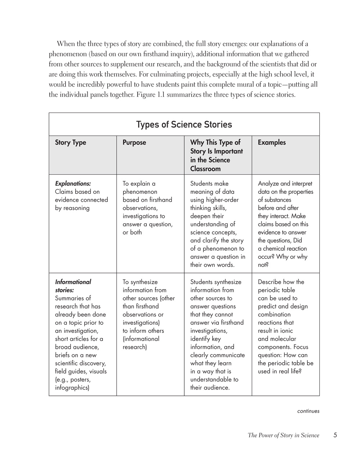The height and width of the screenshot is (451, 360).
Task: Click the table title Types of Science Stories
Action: pyautogui.click(x=184, y=125)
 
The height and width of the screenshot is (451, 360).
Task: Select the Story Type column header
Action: pyautogui.click(x=71, y=142)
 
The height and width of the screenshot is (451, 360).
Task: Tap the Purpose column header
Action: pyautogui.click(x=134, y=142)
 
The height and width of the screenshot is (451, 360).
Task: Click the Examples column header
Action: pyautogui.click(x=272, y=142)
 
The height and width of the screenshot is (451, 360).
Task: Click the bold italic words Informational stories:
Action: pyautogui.click(x=73, y=286)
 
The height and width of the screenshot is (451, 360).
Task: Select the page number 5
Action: pyautogui.click(x=335, y=435)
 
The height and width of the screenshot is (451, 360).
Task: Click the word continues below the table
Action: pyautogui.click(x=308, y=411)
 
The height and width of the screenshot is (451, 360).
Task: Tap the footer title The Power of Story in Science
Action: pyautogui.click(x=283, y=436)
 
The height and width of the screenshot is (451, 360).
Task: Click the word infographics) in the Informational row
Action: pyautogui.click(x=72, y=388)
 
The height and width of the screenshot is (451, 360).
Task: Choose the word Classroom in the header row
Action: pyautogui.click(x=205, y=169)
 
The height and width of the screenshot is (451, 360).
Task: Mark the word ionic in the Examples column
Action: pyautogui.click(x=286, y=331)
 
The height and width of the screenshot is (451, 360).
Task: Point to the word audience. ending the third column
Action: pyautogui.click(x=210, y=388)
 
